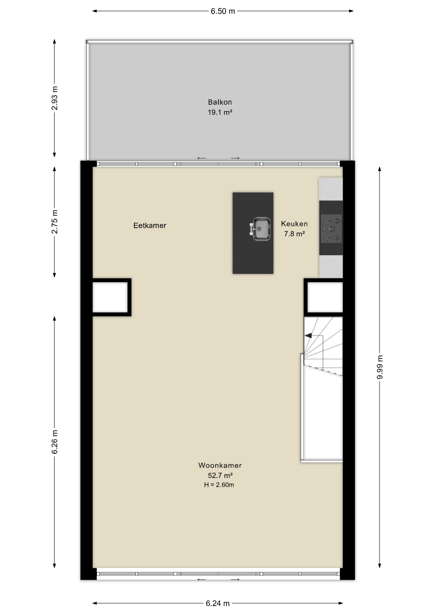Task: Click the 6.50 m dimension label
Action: [223, 12]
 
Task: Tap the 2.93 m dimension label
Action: [55, 98]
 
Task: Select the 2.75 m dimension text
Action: [55, 222]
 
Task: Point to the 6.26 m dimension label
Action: [55, 442]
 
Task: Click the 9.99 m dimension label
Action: [380, 367]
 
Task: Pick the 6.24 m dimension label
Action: [218, 603]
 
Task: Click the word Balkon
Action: [220, 102]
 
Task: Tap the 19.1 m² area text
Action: [220, 112]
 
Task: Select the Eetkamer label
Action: [150, 225]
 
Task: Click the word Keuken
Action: [294, 224]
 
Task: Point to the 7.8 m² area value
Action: [294, 234]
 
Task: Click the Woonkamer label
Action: [220, 465]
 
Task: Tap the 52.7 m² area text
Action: [220, 475]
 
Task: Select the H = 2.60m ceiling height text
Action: [219, 485]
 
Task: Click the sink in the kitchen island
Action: [261, 229]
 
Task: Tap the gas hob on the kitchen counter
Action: [331, 229]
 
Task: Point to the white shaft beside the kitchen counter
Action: [325, 297]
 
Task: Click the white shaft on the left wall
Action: [110, 297]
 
